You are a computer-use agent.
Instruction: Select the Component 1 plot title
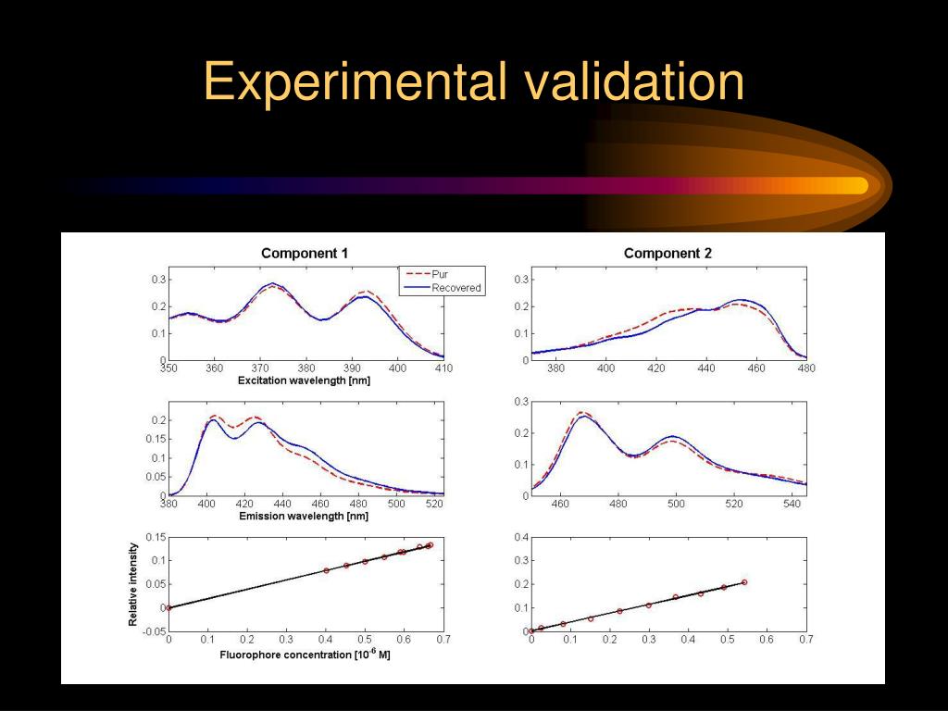(x=305, y=253)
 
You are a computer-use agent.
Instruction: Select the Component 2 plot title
(x=667, y=253)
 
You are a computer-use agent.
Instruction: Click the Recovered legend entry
(x=455, y=288)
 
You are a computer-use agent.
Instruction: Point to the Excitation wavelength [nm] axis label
(x=304, y=380)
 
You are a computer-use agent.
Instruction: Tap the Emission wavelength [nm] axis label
(x=304, y=516)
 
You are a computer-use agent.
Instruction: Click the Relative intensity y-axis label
(x=133, y=585)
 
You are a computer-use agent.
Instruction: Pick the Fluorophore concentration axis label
(x=305, y=655)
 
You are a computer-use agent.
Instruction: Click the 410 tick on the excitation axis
(x=443, y=368)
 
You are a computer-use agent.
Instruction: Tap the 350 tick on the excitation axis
(x=168, y=368)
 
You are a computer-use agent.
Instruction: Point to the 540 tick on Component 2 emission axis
(x=791, y=504)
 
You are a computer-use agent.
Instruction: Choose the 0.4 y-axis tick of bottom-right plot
(x=521, y=538)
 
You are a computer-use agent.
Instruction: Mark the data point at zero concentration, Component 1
(x=168, y=607)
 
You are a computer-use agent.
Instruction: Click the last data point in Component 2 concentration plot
(x=743, y=582)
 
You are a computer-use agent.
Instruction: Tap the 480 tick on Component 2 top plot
(x=805, y=368)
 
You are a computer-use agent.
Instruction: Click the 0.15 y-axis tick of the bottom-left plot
(x=156, y=538)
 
